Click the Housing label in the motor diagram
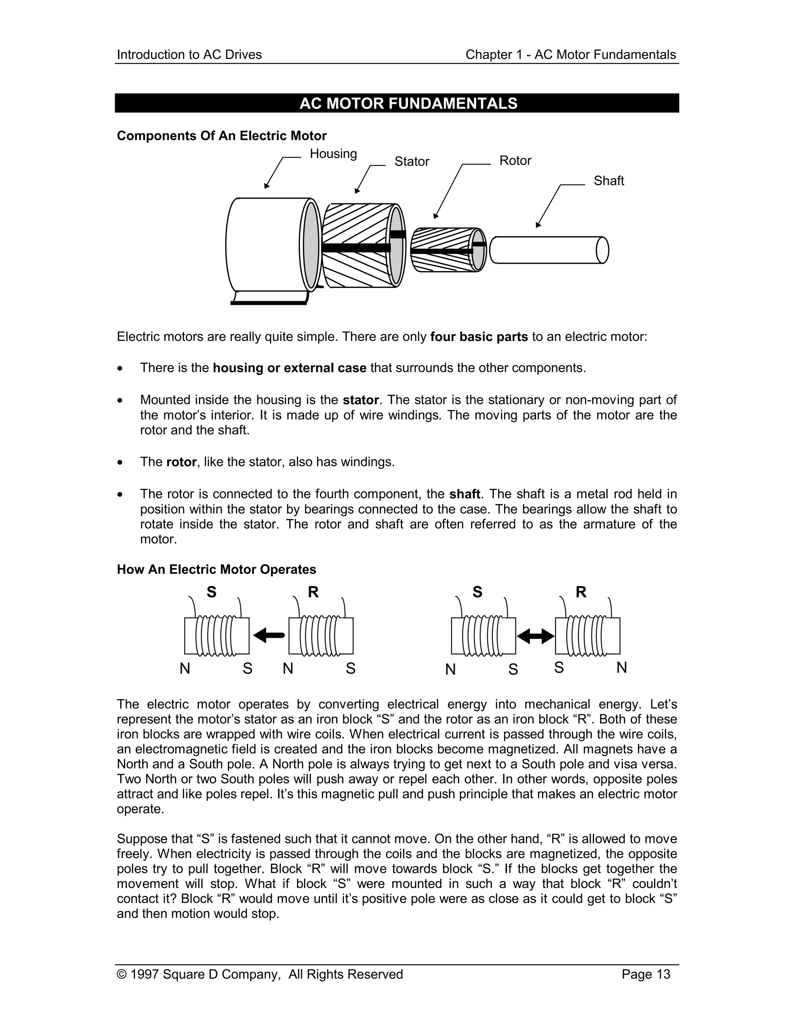tap(333, 154)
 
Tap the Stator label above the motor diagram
tap(412, 161)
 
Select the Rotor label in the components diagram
tap(515, 161)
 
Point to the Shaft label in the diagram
tap(608, 181)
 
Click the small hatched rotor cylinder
tap(447, 250)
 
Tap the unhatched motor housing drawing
tap(266, 245)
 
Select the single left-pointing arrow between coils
tap(269, 636)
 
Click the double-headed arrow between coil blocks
tap(535, 636)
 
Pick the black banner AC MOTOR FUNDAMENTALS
tap(397, 103)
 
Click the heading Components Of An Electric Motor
tap(221, 136)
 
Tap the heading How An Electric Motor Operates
tap(216, 569)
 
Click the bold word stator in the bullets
tap(360, 400)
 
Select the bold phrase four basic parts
tap(479, 337)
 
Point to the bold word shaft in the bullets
tap(464, 494)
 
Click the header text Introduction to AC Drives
tap(189, 55)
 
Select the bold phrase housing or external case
tap(289, 368)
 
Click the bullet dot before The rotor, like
tap(121, 463)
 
